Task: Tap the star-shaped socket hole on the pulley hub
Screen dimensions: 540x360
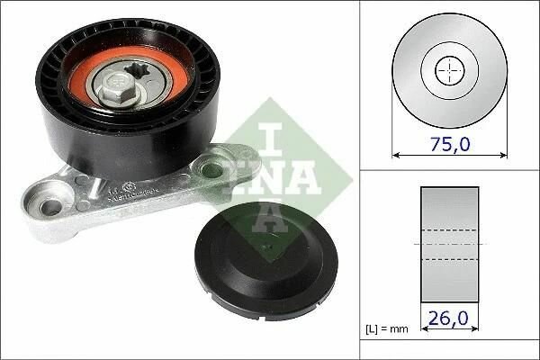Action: point(137,72)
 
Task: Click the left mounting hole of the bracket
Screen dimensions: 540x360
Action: point(51,207)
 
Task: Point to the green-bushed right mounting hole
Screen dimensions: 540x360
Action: point(209,169)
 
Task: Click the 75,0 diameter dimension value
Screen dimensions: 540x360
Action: point(450,144)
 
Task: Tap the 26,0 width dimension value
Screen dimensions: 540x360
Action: point(448,318)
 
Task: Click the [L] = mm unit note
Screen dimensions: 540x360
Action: point(387,329)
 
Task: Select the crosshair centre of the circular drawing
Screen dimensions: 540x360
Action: point(450,71)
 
